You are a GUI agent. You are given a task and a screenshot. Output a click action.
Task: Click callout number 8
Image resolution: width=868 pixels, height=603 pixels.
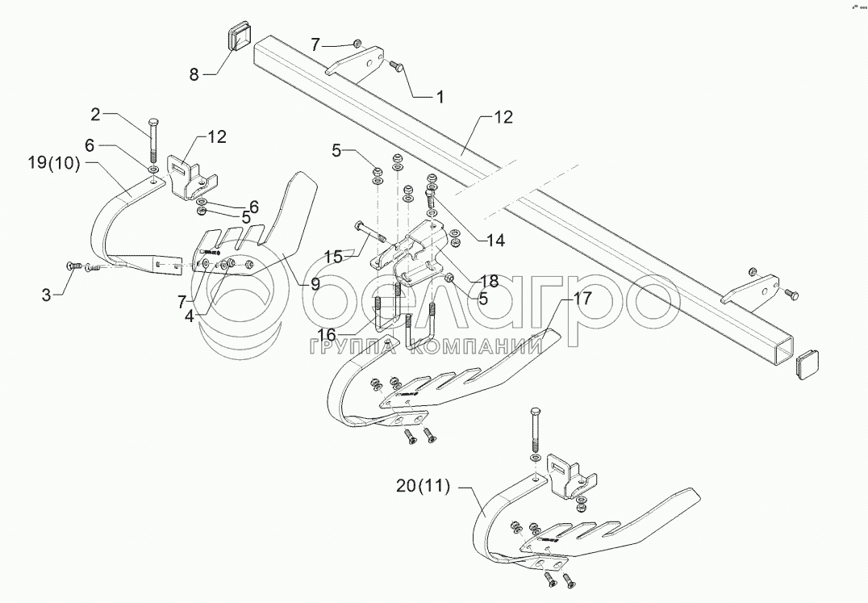point(194,75)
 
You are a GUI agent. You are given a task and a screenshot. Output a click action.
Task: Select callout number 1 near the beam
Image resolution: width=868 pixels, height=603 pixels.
point(440,97)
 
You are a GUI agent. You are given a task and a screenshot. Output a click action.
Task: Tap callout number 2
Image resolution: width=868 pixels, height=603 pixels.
point(96,115)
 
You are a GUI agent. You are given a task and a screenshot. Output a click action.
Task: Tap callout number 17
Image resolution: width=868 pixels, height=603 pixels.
point(582,297)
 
